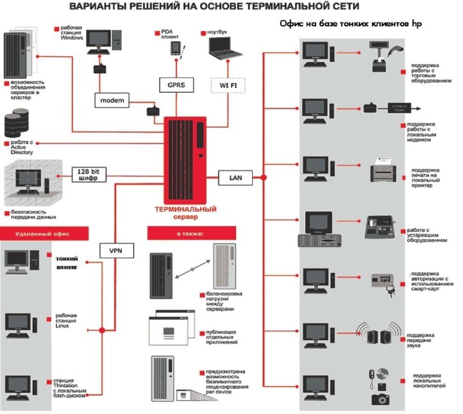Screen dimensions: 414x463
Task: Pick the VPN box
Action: pos(117,250)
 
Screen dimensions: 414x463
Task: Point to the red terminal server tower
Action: pos(187,160)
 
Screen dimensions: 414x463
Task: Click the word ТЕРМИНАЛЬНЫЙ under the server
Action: pos(185,210)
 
